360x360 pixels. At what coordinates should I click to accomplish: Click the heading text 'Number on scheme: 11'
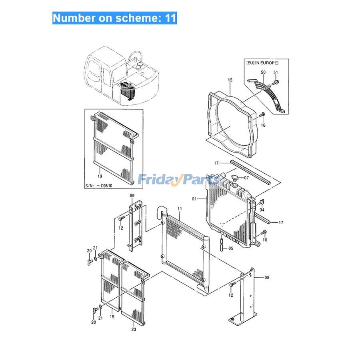(114, 18)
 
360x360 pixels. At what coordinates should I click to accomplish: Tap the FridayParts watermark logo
(178, 180)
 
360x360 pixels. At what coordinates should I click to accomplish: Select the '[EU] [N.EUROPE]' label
(262, 63)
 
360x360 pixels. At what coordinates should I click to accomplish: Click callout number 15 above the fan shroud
(230, 80)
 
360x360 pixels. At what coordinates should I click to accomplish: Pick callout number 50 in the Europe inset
(263, 72)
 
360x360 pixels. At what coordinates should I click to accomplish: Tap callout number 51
(275, 72)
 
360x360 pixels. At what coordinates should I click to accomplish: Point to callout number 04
(262, 210)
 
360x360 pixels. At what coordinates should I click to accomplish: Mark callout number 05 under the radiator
(230, 248)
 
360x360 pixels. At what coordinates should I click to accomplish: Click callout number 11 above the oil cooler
(180, 209)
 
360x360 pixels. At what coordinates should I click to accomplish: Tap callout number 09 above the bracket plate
(132, 196)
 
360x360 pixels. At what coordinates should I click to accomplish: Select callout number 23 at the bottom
(134, 330)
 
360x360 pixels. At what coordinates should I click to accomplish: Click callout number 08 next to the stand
(267, 277)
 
